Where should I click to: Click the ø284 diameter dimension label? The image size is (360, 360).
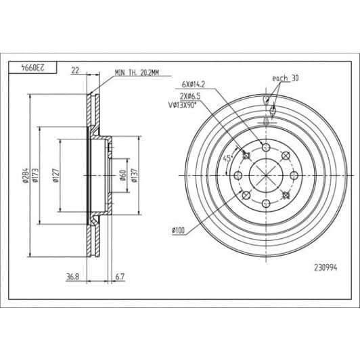pyautogui.click(x=26, y=175)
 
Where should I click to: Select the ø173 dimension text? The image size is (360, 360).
pyautogui.click(x=36, y=175)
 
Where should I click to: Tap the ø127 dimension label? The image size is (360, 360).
pyautogui.click(x=55, y=175)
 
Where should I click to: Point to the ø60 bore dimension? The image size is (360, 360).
pyautogui.click(x=123, y=175)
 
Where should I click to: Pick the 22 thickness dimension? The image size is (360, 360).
pyautogui.click(x=75, y=70)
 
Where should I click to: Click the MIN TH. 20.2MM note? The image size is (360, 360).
pyautogui.click(x=137, y=73)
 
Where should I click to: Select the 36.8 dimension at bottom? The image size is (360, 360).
pyautogui.click(x=72, y=277)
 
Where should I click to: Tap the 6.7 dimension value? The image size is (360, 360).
pyautogui.click(x=120, y=277)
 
